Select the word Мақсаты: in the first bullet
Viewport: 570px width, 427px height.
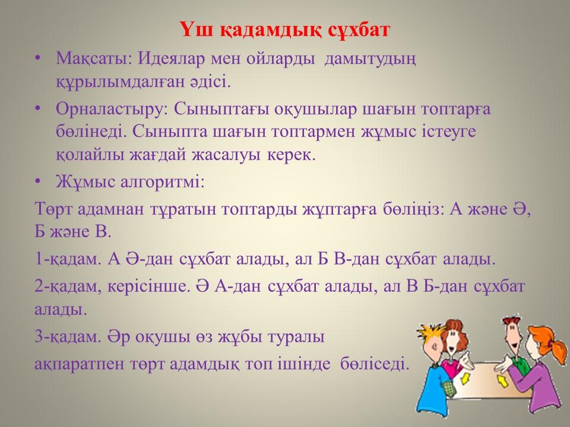click(94, 59)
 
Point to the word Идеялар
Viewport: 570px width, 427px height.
click(171, 59)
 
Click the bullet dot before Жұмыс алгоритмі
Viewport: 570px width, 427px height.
click(39, 181)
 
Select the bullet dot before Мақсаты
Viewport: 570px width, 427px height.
click(39, 59)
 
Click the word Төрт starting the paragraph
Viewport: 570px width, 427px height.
click(53, 209)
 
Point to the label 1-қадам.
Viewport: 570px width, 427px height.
click(68, 259)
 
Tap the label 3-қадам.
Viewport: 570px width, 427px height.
click(68, 336)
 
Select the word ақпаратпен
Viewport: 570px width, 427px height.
click(79, 364)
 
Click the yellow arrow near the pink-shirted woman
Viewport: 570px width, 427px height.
click(465, 379)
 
